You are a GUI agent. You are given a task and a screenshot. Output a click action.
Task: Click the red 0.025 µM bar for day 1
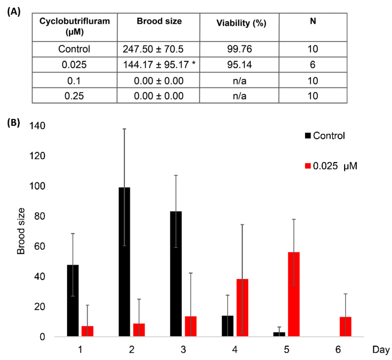[x=87, y=331]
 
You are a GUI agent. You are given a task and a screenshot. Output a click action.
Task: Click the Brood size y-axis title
[x=21, y=231]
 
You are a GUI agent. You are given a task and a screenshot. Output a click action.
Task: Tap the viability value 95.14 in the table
[x=238, y=64]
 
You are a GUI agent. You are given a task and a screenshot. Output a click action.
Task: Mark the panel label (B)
[x=13, y=122]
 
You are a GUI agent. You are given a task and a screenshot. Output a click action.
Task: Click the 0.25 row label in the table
[x=74, y=95]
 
